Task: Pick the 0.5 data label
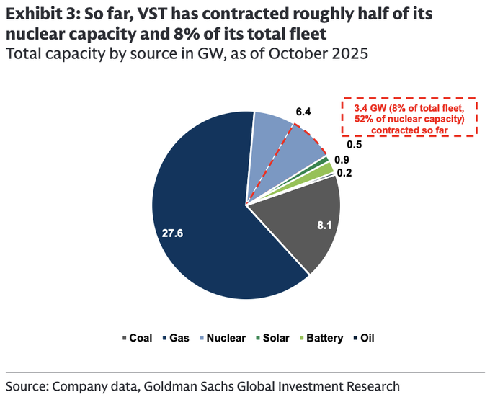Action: (x=354, y=145)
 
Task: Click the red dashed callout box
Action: (x=409, y=117)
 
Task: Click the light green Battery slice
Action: (x=328, y=168)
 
